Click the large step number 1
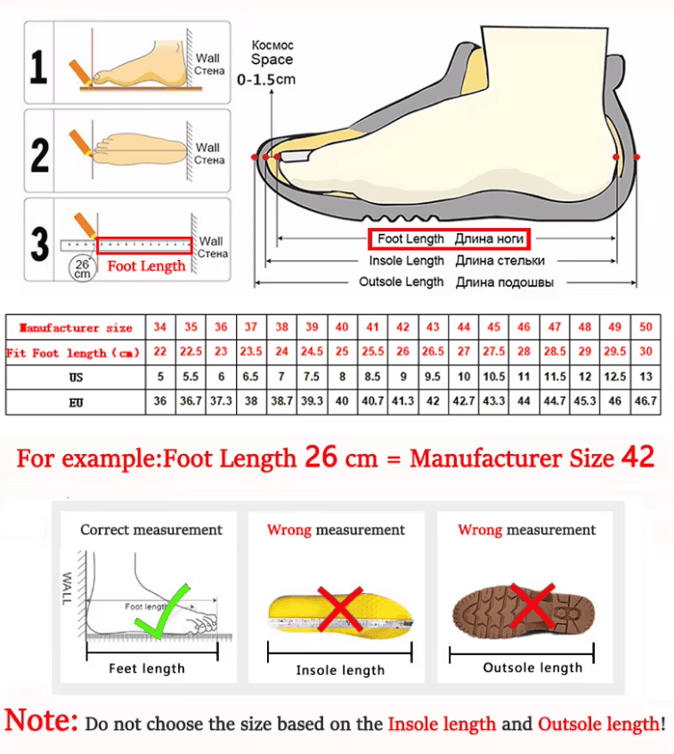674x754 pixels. click(x=38, y=67)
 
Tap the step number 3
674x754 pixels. click(x=39, y=243)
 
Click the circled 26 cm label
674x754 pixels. click(x=82, y=268)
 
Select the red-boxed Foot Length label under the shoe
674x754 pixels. click(x=450, y=239)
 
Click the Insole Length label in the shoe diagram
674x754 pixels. click(x=407, y=261)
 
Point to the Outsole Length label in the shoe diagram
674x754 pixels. click(x=402, y=282)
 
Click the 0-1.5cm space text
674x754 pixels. click(x=266, y=79)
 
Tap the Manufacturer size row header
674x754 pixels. click(x=76, y=328)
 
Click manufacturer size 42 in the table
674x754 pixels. click(x=402, y=328)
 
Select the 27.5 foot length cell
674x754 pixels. click(x=493, y=351)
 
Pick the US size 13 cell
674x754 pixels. click(x=646, y=376)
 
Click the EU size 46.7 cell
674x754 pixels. click(x=646, y=401)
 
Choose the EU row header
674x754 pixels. click(x=76, y=402)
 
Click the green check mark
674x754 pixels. click(x=163, y=612)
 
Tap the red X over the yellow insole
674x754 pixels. click(x=340, y=608)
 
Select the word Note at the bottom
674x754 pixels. click(x=41, y=720)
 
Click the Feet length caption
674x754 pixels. click(x=147, y=669)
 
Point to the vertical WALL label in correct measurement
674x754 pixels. click(x=67, y=588)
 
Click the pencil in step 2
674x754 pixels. click(x=80, y=142)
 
